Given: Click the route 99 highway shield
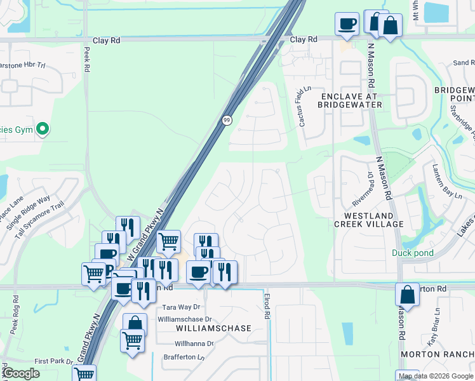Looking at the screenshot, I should pos(227,120).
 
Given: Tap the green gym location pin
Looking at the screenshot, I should pos(43,130).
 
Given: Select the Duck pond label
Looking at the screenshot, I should pos(413,253).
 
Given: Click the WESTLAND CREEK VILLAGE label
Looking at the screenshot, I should pos(369,220).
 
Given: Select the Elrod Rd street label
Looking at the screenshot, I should pos(267,305).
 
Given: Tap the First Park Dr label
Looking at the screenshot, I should pos(54,361).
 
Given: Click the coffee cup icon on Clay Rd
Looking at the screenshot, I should pos(347,24).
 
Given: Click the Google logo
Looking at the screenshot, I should pos(22,373).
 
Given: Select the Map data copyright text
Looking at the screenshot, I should pos(435,376).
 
